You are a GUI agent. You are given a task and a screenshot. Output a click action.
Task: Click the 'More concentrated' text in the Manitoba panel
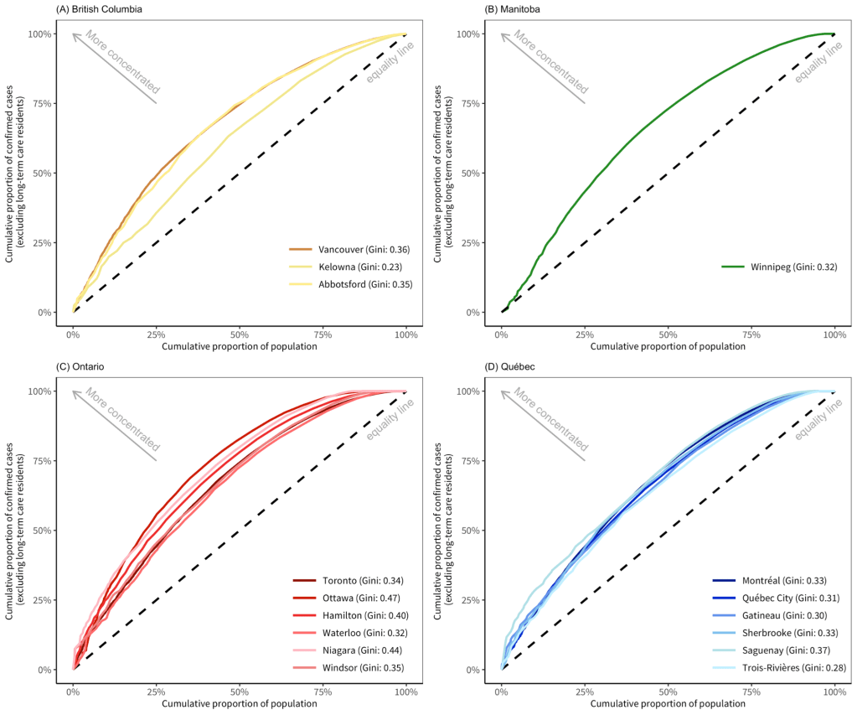(x=550, y=60)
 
